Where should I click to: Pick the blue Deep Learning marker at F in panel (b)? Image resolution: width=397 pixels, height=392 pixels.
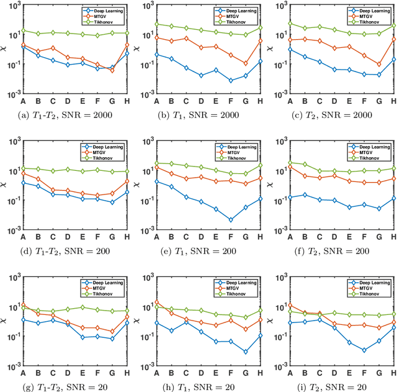(x=231, y=80)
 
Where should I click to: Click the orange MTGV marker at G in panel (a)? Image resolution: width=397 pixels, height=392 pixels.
(x=112, y=70)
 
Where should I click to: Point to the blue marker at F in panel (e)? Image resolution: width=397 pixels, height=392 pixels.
(x=231, y=219)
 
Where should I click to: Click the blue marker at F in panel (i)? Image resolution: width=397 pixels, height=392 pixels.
(x=364, y=350)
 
